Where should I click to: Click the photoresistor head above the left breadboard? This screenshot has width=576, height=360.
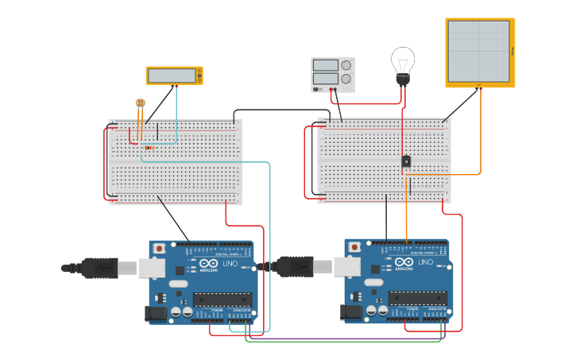coord(141,103)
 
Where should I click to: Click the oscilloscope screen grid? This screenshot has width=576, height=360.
coord(478,52)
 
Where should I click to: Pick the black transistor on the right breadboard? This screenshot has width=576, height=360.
coord(406,161)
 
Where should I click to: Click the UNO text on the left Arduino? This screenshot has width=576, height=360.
coord(230,263)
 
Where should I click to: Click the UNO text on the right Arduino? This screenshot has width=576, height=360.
coord(426,262)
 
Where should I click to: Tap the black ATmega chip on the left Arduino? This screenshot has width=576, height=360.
coord(222,299)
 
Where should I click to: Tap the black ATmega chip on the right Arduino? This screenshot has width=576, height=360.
coord(417,298)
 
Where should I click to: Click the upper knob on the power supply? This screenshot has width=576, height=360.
coord(346,65)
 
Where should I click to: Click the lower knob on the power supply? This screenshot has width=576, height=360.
coord(346,79)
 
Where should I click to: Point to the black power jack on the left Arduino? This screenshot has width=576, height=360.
coord(157,314)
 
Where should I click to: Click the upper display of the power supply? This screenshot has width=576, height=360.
coord(327,65)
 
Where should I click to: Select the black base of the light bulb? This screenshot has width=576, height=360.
coord(403,81)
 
